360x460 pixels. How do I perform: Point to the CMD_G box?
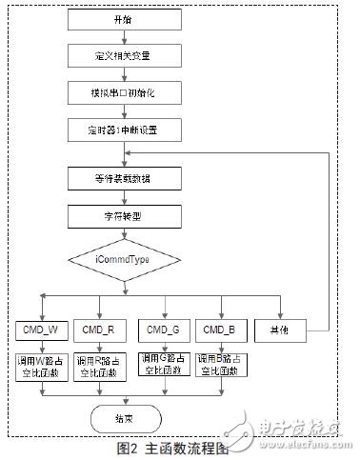point(161,330)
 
